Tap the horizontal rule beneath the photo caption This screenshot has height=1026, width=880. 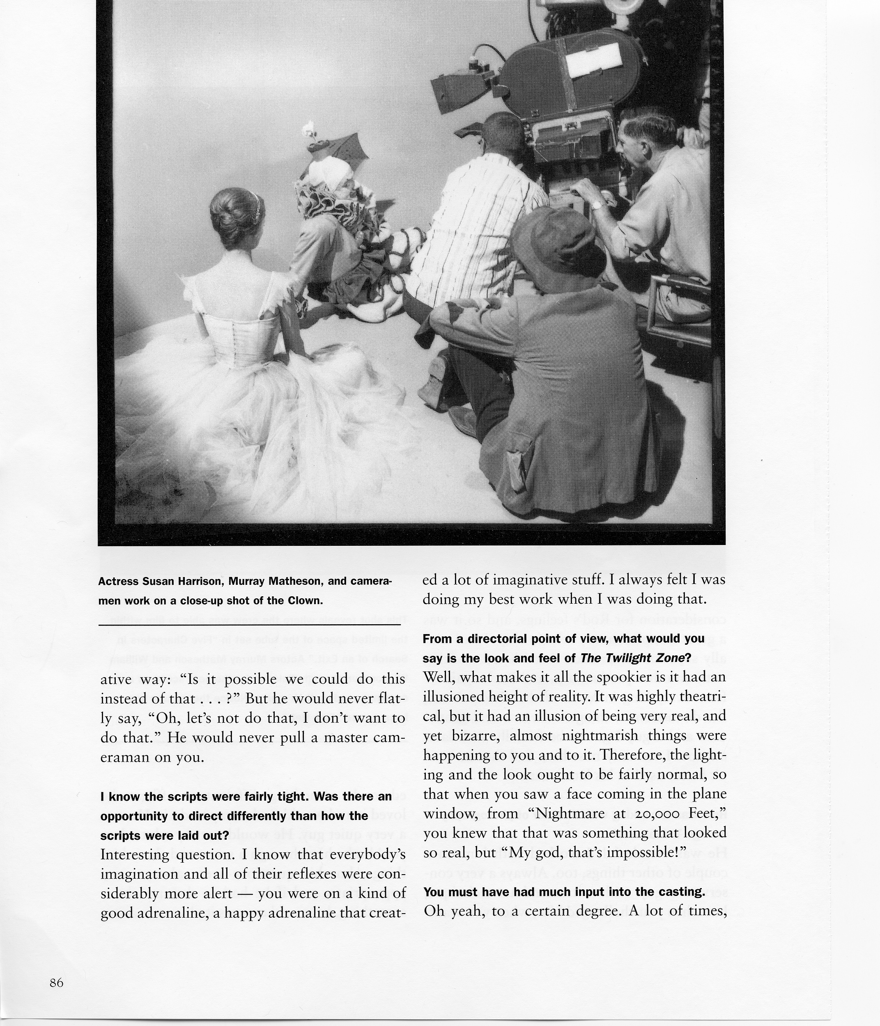coord(249,625)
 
